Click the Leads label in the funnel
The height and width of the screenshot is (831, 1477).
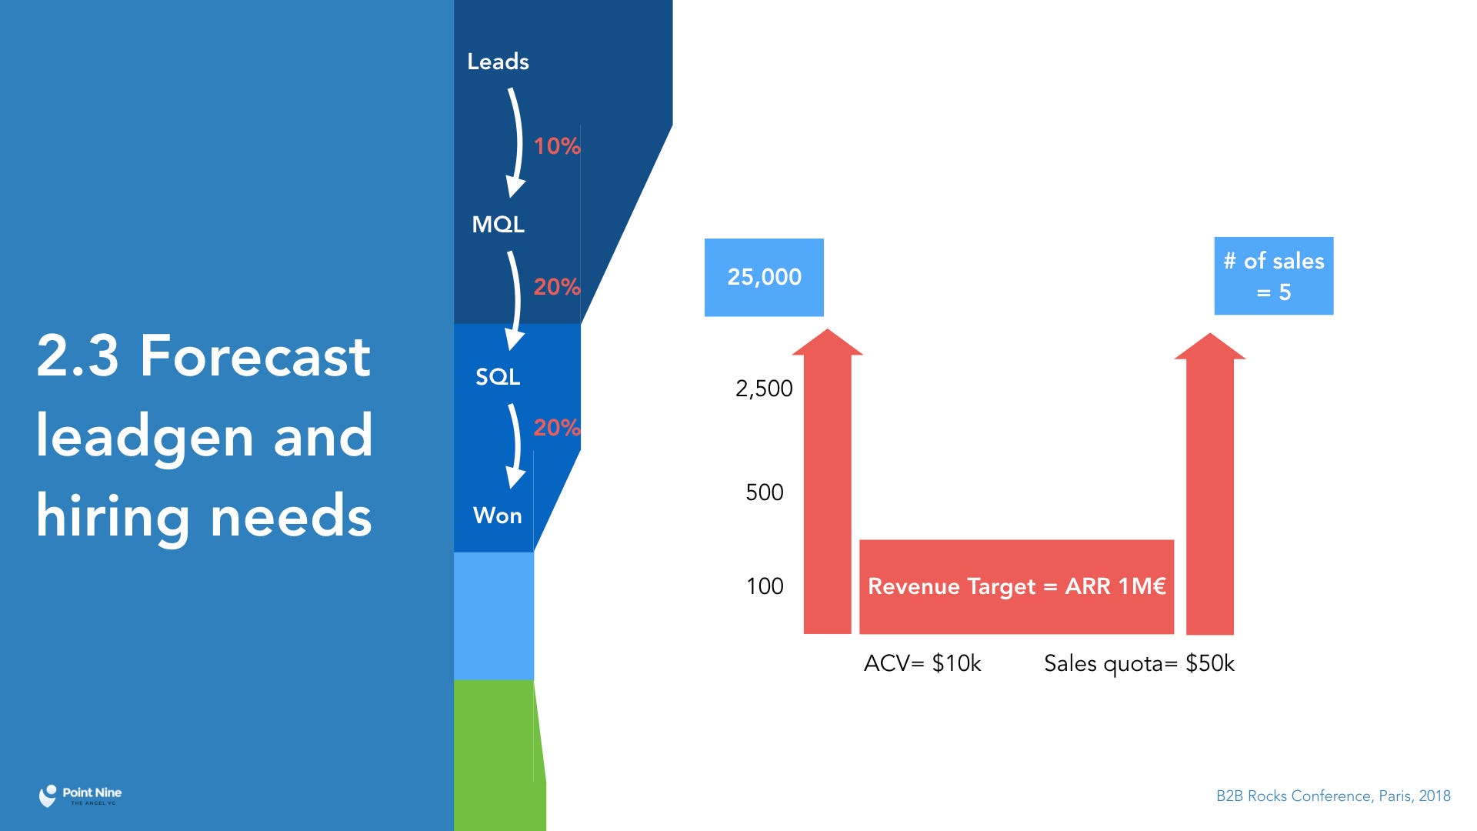498,62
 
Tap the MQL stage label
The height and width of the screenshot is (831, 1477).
498,225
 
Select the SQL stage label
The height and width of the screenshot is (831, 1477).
498,376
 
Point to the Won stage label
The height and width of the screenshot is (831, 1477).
498,516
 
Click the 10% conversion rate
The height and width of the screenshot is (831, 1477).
557,145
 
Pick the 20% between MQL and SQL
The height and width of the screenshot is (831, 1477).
557,286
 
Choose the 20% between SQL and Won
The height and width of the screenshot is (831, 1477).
557,427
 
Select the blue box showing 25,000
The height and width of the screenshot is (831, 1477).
764,277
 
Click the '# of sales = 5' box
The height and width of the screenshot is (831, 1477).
1274,276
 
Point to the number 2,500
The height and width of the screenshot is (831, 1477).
764,389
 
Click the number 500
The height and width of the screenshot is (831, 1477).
765,492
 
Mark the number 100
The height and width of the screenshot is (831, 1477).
765,586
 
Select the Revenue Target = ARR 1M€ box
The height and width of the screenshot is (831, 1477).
1016,587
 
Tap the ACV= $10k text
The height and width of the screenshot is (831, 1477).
922,663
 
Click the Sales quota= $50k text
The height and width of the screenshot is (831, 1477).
1139,663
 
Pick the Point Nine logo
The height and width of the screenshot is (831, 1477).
80,796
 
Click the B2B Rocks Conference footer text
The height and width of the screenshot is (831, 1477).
1333,796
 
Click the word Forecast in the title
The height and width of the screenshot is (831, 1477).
255,355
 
